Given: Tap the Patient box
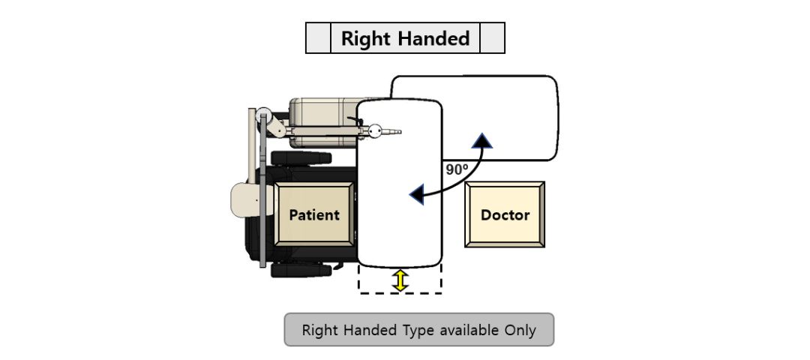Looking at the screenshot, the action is pyautogui.click(x=314, y=214).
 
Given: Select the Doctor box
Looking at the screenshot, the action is pyautogui.click(x=505, y=214).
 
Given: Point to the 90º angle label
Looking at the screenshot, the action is pyautogui.click(x=457, y=169).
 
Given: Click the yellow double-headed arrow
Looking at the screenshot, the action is pyautogui.click(x=400, y=280).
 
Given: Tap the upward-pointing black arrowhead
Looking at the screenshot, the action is pyautogui.click(x=482, y=140).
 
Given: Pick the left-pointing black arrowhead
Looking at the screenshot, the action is pyautogui.click(x=417, y=195).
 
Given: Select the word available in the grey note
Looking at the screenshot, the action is pyautogui.click(x=469, y=330).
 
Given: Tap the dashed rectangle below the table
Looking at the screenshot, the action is pyautogui.click(x=400, y=293).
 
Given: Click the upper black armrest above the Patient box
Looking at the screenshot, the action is pyautogui.click(x=301, y=158).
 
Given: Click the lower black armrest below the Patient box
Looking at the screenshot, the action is pyautogui.click(x=301, y=269).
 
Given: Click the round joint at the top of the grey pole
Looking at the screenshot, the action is pyautogui.click(x=264, y=115).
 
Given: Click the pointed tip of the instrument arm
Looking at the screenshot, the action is pyautogui.click(x=400, y=132).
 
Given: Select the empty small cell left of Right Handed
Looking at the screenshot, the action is pyautogui.click(x=318, y=37).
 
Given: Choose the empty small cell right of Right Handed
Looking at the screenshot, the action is pyautogui.click(x=492, y=37).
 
